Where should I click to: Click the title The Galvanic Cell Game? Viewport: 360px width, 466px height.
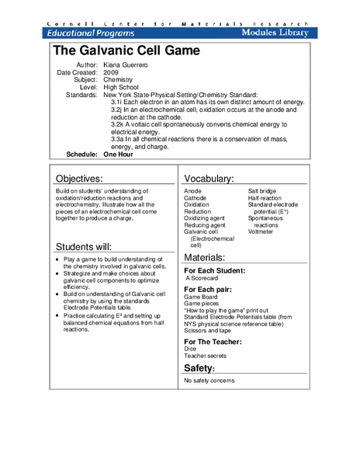pyautogui.click(x=126, y=52)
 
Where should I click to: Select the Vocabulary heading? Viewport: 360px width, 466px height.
pyautogui.click(x=209, y=179)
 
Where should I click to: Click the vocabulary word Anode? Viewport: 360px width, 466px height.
pyautogui.click(x=192, y=190)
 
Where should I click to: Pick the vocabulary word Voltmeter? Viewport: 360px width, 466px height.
pyautogui.click(x=261, y=231)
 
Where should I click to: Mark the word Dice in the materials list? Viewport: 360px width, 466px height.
pyautogui.click(x=190, y=350)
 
